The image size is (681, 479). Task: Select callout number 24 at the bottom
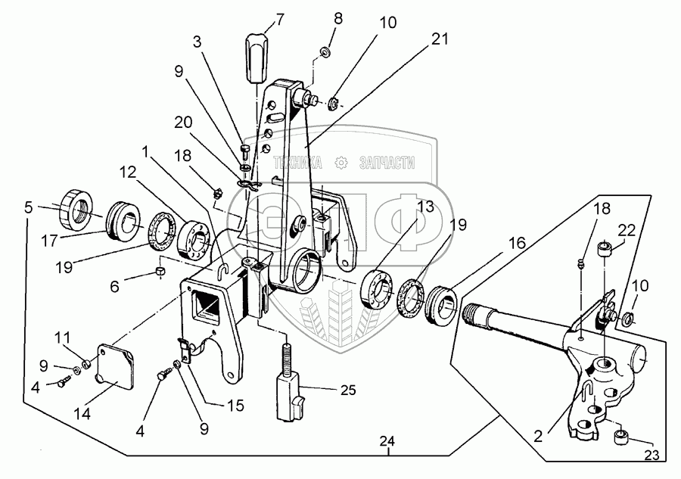coord(388,441)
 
